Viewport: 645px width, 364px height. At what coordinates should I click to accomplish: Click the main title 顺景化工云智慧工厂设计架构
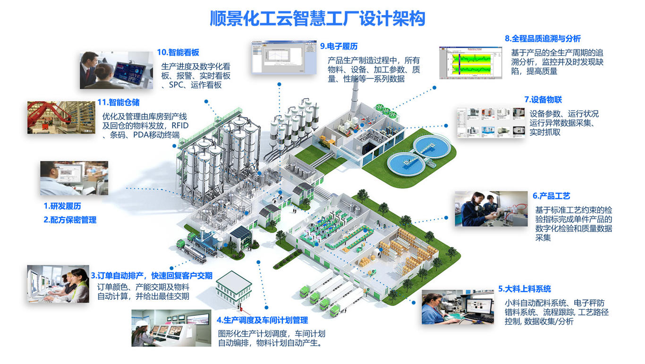(317, 18)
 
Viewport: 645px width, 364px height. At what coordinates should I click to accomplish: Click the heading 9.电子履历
(339, 46)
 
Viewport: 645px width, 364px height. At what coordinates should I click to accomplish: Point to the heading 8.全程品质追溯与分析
(543, 39)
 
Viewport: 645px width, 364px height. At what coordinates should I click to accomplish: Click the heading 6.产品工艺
(551, 196)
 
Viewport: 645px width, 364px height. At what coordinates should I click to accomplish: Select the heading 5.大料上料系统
(524, 289)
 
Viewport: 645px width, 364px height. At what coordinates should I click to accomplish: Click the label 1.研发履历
(62, 206)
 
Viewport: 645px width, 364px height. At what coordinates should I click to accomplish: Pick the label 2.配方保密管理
(70, 220)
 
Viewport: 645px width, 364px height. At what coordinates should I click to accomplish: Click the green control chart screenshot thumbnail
(470, 62)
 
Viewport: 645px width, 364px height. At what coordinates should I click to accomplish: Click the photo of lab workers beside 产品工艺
(491, 209)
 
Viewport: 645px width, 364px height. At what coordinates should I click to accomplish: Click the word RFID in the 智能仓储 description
(180, 126)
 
